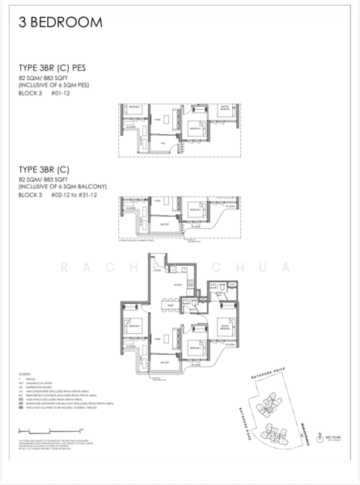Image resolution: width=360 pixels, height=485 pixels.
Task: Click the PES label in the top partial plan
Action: (162, 143)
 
